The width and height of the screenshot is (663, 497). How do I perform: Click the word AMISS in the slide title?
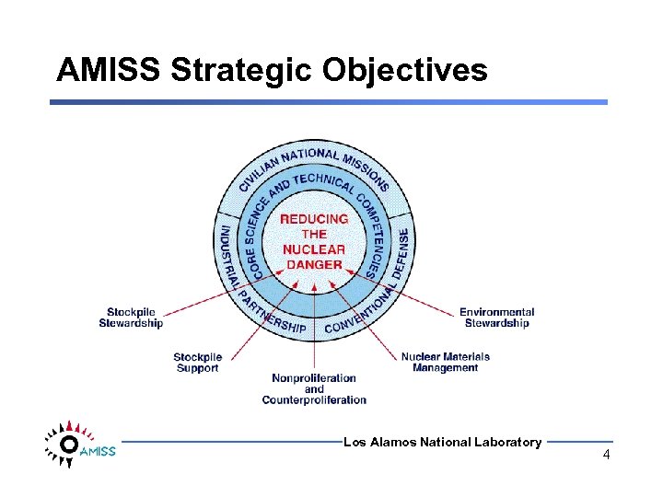(x=109, y=70)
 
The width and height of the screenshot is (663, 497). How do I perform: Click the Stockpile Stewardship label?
(x=131, y=318)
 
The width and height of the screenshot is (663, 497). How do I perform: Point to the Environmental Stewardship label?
(x=496, y=318)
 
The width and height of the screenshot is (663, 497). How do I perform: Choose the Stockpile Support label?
(x=197, y=363)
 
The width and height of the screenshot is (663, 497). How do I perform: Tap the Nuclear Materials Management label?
(x=445, y=362)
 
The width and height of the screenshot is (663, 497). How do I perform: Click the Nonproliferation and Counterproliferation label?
(x=314, y=389)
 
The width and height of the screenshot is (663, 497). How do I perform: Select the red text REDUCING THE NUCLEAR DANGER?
(x=314, y=242)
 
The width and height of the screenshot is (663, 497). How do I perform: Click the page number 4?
(x=606, y=456)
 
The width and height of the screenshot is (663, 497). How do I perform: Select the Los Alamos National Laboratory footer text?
(x=442, y=443)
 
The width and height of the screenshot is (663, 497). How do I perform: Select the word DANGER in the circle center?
(x=314, y=264)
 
